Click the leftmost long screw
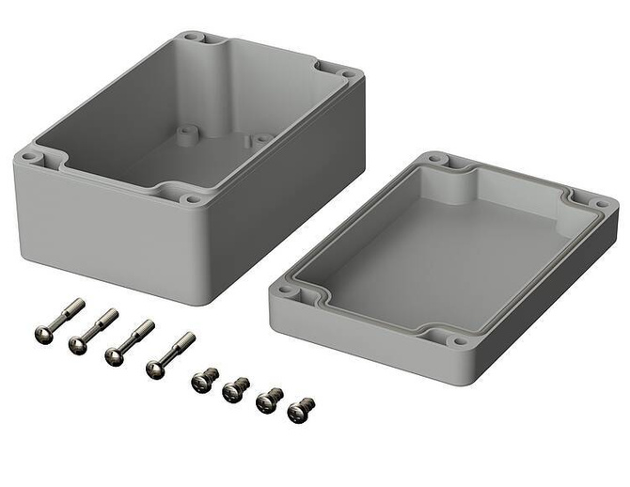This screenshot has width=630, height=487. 59,320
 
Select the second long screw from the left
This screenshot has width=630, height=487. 92,331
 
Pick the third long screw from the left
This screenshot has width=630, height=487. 130,341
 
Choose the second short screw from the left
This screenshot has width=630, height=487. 236,387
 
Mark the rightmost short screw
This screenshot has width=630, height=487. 301,409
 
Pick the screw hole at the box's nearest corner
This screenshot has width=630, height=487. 194,199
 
